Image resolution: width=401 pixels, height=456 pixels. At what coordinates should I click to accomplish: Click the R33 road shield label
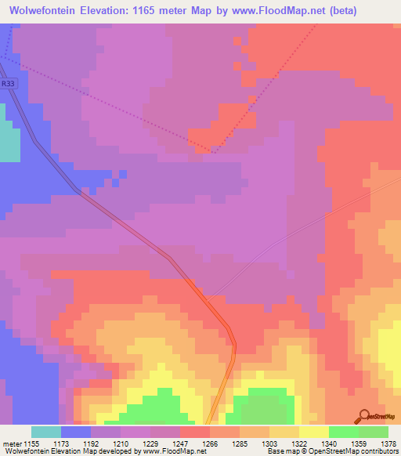8,82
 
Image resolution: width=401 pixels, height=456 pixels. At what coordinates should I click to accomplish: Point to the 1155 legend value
31,444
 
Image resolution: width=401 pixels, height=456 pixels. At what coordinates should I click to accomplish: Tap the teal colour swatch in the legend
45,432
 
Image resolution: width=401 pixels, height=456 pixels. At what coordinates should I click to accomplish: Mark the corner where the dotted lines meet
215,151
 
